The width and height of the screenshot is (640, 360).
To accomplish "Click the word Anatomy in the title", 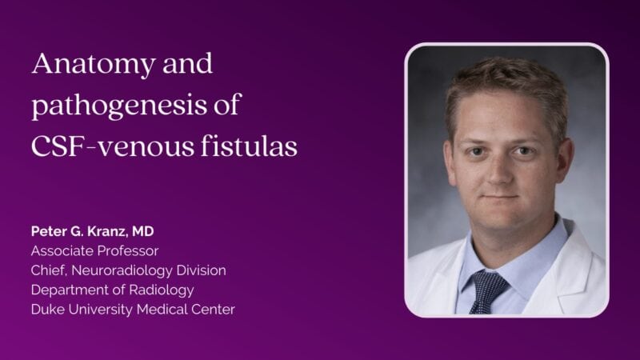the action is pos(94,66).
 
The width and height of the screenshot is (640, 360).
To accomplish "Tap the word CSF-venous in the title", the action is pos(112,146).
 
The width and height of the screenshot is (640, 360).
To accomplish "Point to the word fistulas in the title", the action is pos(249,146).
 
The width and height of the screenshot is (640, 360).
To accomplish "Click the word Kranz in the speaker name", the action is pos(106,232).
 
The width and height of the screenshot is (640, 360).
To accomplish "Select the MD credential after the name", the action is pos(143,231).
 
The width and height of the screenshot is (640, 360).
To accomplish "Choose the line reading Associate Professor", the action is pos(94,250).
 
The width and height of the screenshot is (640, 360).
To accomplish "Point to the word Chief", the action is pos(49,270).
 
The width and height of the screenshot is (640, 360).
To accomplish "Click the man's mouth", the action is pos(500,197).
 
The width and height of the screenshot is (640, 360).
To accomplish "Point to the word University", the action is pos(101,310).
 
